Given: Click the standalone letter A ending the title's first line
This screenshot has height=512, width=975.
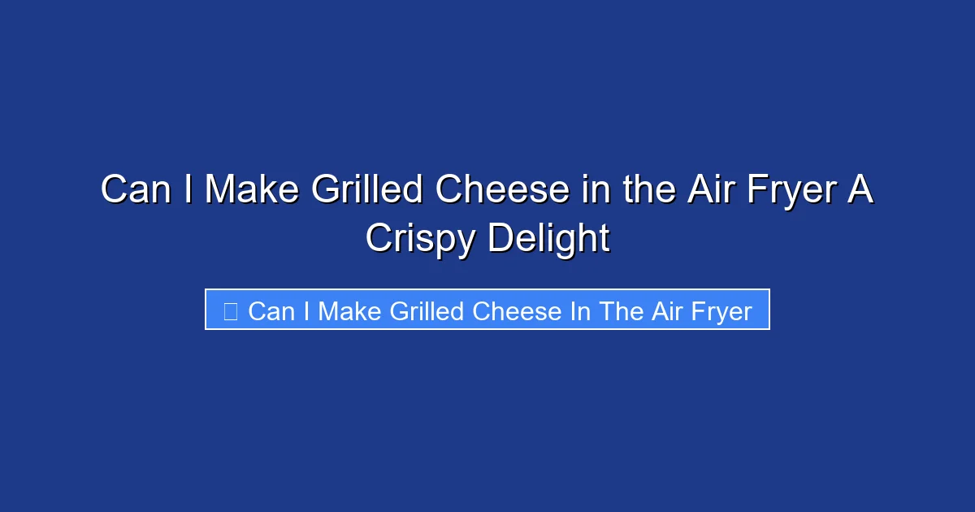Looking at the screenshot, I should coord(861,190).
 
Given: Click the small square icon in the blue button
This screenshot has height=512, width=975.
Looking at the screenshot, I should coord(230,310).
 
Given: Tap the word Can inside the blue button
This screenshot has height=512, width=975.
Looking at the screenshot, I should coord(271,311).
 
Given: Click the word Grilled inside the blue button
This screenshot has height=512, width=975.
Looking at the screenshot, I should coord(422,311).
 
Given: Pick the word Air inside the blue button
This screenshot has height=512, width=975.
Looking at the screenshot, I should coord(666,311).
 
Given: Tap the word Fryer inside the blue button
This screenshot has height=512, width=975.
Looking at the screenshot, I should coord(721,311).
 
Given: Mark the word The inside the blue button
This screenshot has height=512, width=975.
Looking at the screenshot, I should coord(622,311).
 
